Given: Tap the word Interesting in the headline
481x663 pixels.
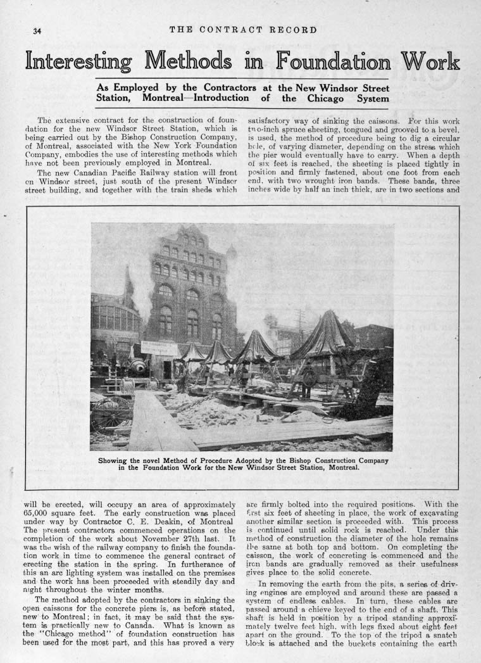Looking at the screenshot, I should pos(78,61).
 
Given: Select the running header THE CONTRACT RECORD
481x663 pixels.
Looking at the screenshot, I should pos(243,29).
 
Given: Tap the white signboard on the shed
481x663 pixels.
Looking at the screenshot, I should pos(159,347).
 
